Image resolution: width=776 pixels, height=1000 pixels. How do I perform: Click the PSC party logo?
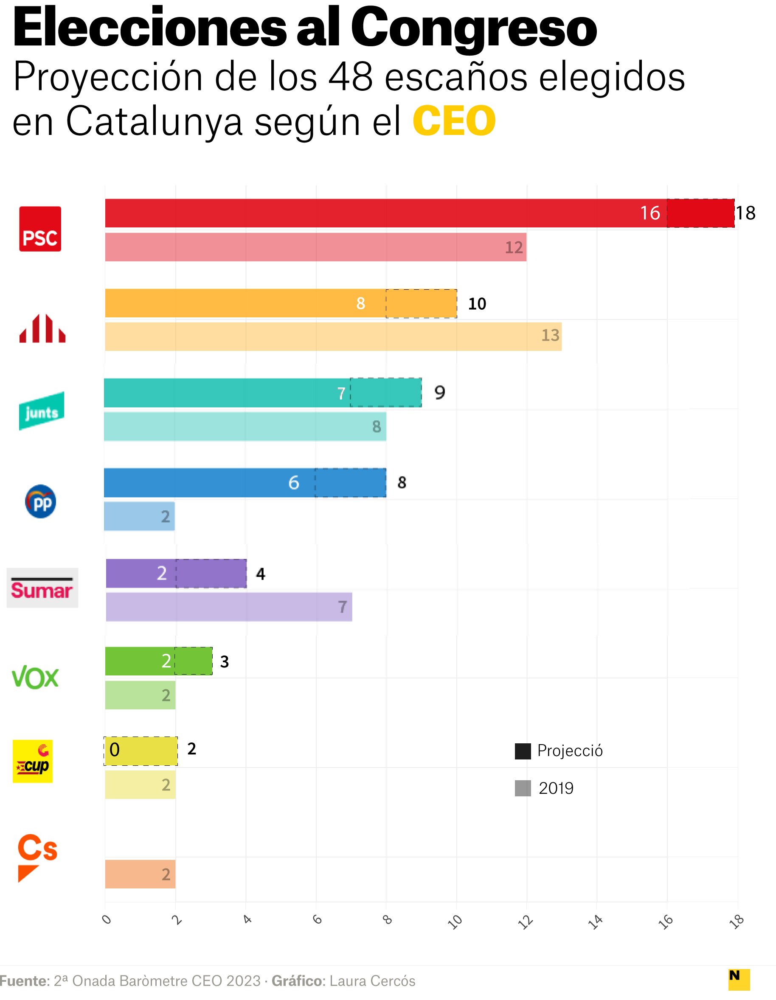coord(40,229)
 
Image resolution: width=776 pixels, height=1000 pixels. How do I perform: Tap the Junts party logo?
coord(41,411)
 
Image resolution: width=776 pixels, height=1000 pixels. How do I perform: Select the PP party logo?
coord(40,501)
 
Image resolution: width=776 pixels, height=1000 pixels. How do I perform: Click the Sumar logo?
coord(42,588)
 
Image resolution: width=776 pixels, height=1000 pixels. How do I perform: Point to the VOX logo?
coord(35,678)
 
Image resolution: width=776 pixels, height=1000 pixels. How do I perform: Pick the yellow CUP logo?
coord(33,762)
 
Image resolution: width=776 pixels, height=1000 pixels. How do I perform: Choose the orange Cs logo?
coord(37,857)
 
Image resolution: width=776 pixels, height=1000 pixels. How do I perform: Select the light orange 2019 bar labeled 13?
coord(333,336)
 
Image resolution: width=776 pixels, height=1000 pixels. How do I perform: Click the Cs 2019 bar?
coord(140,874)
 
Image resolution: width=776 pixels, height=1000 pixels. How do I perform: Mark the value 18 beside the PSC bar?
coord(746,213)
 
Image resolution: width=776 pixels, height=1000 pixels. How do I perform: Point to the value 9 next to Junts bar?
coord(439,392)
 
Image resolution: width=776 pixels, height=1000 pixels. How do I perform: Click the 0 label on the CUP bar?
coord(115,750)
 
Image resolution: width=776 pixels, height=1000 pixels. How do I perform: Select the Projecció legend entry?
coord(559,751)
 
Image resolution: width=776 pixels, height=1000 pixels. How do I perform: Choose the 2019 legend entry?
coord(545,788)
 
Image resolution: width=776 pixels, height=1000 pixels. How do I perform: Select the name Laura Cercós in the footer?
coord(372,981)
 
